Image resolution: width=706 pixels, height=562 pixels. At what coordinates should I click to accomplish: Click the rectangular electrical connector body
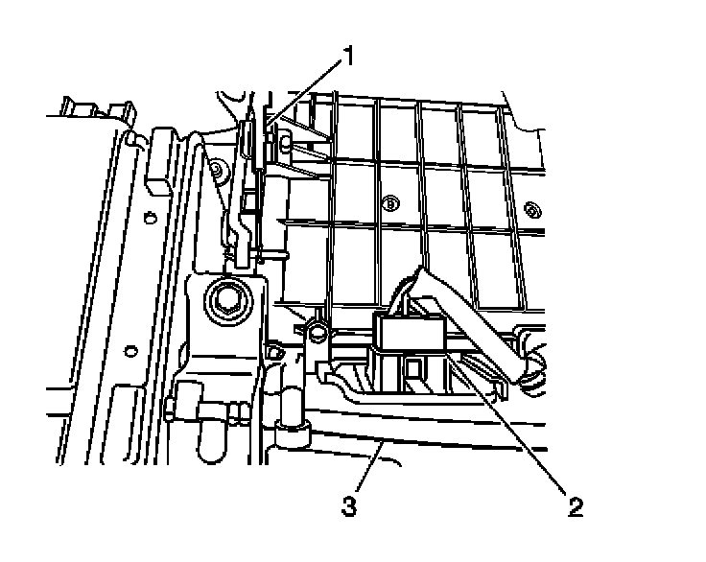(x=411, y=333)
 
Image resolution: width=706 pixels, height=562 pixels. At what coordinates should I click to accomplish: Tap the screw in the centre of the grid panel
(x=389, y=203)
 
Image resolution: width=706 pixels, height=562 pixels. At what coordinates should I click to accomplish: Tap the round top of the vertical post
(x=317, y=331)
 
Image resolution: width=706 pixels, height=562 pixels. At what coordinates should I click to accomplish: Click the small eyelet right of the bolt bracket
(x=275, y=353)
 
